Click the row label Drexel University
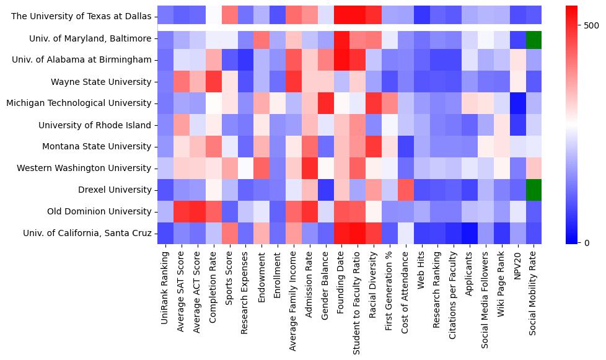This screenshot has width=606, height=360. (x=116, y=190)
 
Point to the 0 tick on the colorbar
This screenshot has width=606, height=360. (x=578, y=242)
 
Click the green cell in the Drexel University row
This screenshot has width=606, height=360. (x=534, y=190)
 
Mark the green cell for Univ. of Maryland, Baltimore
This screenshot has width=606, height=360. (x=534, y=38)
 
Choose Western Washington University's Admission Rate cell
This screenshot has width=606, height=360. (x=310, y=168)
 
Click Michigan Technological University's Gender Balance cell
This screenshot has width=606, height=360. (x=326, y=103)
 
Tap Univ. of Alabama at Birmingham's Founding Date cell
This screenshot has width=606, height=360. (x=342, y=60)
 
